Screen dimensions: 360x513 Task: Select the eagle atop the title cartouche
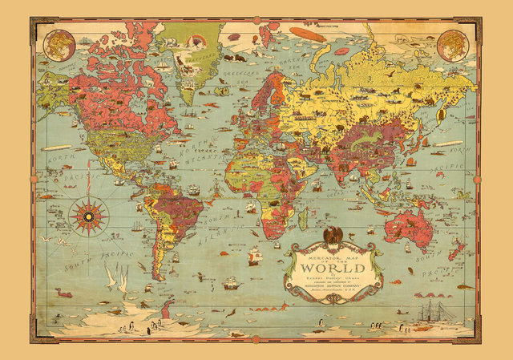(x=329, y=235)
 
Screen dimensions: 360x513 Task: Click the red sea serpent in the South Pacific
(x=63, y=293)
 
